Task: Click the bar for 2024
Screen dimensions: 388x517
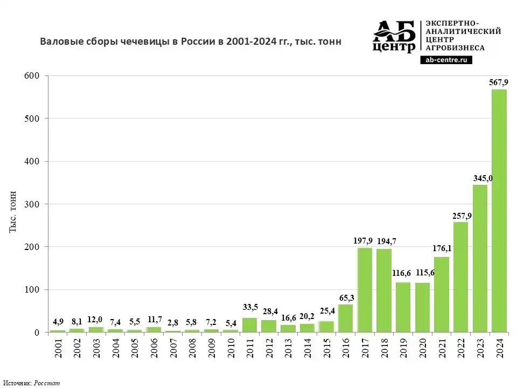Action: (x=499, y=211)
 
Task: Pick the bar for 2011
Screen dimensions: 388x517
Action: (x=249, y=325)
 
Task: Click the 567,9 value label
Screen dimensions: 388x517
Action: (x=499, y=82)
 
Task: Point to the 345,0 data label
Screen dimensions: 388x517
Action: (x=480, y=178)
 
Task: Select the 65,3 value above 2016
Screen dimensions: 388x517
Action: (x=345, y=297)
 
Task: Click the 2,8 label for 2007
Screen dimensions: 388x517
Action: (x=173, y=322)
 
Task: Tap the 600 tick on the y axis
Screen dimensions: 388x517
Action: (x=32, y=75)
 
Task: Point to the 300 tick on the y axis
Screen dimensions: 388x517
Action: (x=32, y=204)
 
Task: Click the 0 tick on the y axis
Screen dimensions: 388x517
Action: (x=37, y=332)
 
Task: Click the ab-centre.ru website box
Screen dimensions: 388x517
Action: (x=446, y=60)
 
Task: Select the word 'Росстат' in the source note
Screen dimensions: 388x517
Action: (x=47, y=383)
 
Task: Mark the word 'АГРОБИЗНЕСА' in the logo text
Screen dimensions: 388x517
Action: (x=455, y=47)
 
